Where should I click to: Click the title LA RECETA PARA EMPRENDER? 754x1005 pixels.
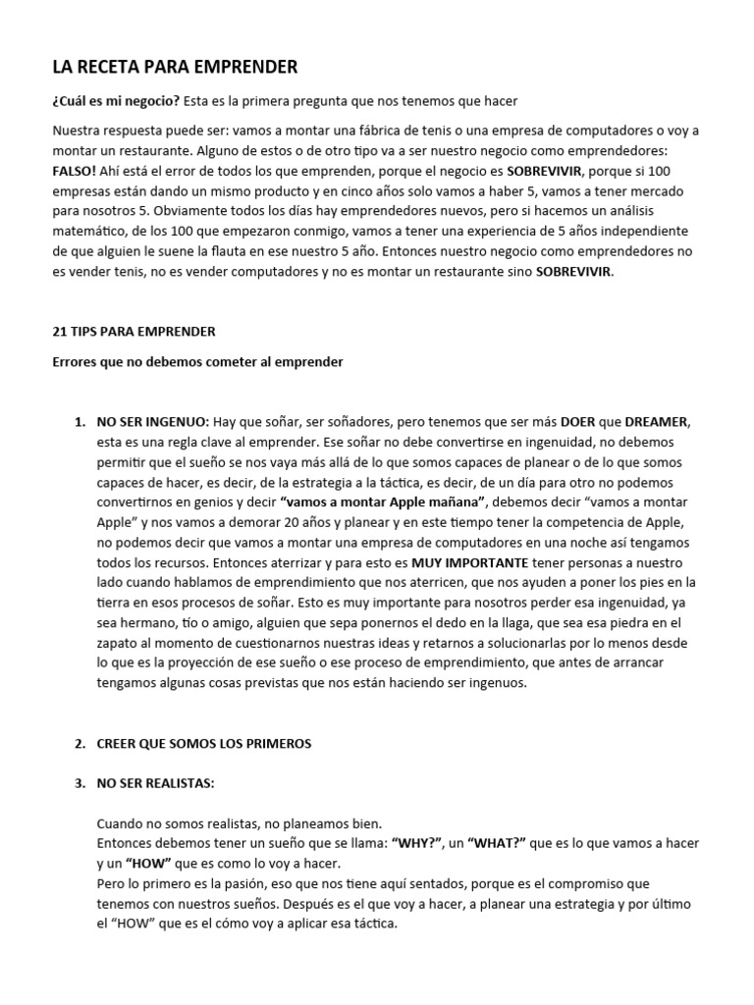[x=175, y=67]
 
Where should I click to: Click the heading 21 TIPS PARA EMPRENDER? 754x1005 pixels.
[x=134, y=332]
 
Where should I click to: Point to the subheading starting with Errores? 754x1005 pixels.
[x=196, y=362]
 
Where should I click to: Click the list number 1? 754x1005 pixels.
[x=79, y=421]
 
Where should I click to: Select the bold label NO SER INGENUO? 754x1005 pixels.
[x=152, y=421]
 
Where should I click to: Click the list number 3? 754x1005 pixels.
[x=79, y=784]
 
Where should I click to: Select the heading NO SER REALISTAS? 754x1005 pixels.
[x=155, y=784]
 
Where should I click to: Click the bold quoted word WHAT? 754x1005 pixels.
[x=502, y=843]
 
